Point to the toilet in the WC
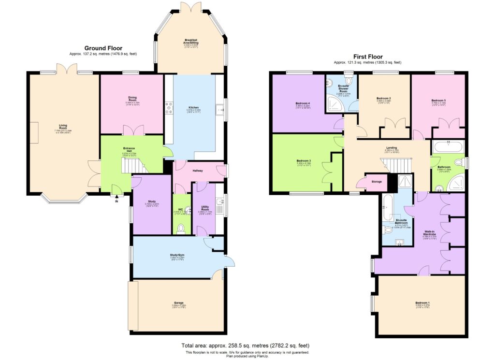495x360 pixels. click(181, 228)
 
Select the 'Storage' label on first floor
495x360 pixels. click(377, 182)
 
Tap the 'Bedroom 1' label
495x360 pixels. click(422, 303)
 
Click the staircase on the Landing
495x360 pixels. click(399, 166)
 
